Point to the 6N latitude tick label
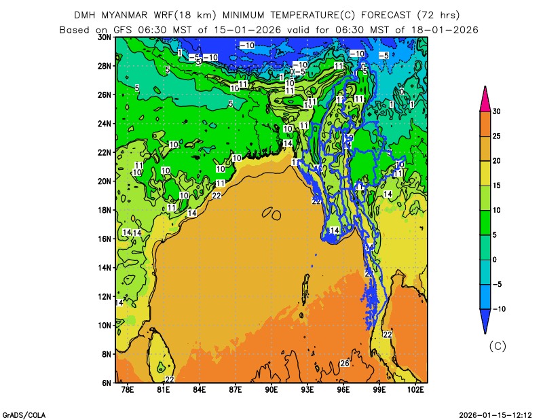107,383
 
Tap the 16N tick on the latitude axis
105,239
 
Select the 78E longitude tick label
127,390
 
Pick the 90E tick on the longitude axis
271,390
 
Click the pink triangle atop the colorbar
485,99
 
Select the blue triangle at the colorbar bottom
485,321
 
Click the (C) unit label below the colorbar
498,346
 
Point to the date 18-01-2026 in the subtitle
445,29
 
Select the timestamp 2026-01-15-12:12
495,414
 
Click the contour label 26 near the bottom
344,364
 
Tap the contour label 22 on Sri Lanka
170,379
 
